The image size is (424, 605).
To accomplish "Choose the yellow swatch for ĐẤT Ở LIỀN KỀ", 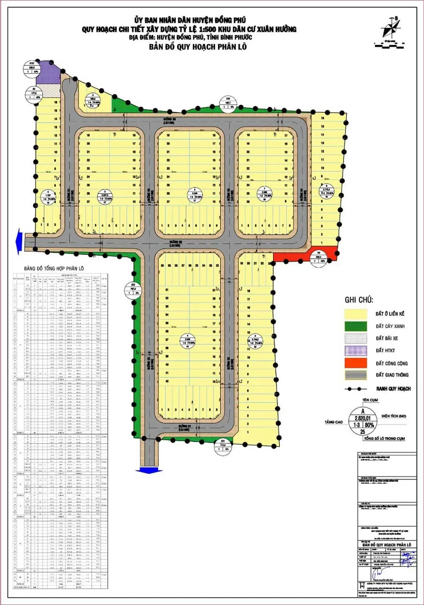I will click(355, 314).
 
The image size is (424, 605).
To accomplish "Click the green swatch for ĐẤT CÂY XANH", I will click(355, 326).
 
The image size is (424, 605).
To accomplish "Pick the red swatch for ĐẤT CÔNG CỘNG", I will click(355, 363).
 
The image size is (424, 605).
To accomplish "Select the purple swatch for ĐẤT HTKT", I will click(355, 351).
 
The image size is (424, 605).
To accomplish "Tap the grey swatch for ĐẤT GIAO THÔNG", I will click(355, 375).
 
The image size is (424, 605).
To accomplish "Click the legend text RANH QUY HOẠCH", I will click(393, 389).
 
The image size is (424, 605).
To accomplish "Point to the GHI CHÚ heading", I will click(359, 300).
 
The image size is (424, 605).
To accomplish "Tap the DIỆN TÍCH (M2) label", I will click(393, 416).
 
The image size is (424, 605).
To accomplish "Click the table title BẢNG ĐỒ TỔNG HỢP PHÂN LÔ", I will click(54, 268).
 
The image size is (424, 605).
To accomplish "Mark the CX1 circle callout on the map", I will click(223, 445).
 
